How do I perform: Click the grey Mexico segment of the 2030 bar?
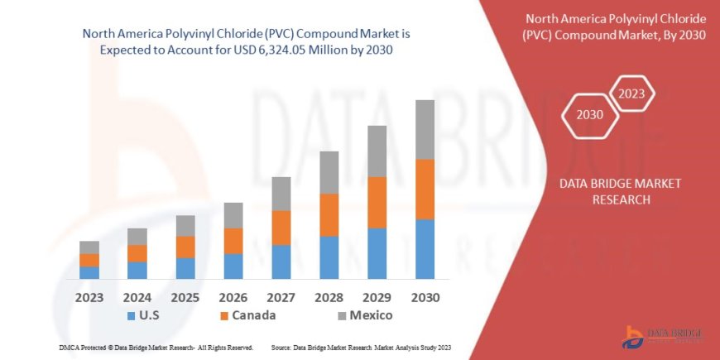(x=425, y=130)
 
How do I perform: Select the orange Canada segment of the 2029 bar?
(x=377, y=202)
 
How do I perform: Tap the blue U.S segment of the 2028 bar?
(x=329, y=257)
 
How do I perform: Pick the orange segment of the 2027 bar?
(x=281, y=228)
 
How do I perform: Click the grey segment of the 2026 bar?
(x=233, y=215)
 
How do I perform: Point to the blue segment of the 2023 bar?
(x=89, y=272)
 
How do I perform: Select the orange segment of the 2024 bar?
(x=137, y=253)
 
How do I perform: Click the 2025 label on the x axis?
(x=185, y=297)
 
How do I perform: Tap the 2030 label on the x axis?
(x=425, y=297)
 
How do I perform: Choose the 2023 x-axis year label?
(x=89, y=297)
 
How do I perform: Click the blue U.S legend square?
(x=132, y=315)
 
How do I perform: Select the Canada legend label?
(x=254, y=315)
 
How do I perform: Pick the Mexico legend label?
(x=370, y=315)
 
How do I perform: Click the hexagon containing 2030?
(x=590, y=114)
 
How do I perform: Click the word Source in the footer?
(x=282, y=347)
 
